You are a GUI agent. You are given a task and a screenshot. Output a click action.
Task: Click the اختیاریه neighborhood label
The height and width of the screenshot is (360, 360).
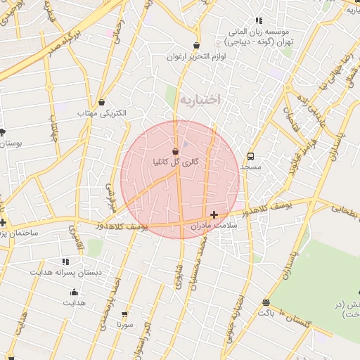click(x=200, y=100)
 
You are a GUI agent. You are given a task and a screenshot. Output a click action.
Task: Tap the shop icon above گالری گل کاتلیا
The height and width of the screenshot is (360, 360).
click(x=175, y=151)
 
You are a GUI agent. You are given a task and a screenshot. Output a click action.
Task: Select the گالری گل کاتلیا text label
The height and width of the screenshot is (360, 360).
click(x=176, y=162)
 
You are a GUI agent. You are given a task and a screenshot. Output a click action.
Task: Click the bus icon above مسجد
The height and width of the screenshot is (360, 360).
click(x=250, y=156)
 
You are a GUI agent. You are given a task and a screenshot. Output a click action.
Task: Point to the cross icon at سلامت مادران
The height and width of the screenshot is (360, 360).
click(x=214, y=214)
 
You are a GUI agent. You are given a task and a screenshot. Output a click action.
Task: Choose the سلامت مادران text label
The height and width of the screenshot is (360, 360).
click(x=215, y=225)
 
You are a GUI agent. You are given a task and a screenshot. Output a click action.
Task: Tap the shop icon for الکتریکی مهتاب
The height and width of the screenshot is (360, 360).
click(x=103, y=102)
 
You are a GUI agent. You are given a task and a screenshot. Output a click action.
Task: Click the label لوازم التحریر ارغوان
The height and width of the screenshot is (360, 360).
click(x=196, y=56)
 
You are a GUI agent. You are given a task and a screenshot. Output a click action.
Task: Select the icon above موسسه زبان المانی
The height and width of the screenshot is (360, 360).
click(x=259, y=21)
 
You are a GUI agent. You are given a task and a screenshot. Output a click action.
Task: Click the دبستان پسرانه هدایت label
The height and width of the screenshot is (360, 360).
click(x=65, y=271)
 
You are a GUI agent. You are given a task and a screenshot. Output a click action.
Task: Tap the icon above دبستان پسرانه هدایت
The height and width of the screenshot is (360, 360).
click(x=66, y=261)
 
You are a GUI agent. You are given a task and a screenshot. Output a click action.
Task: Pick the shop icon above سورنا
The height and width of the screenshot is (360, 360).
click(x=125, y=314)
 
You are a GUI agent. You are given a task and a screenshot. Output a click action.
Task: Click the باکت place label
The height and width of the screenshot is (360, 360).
click(x=265, y=311)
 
